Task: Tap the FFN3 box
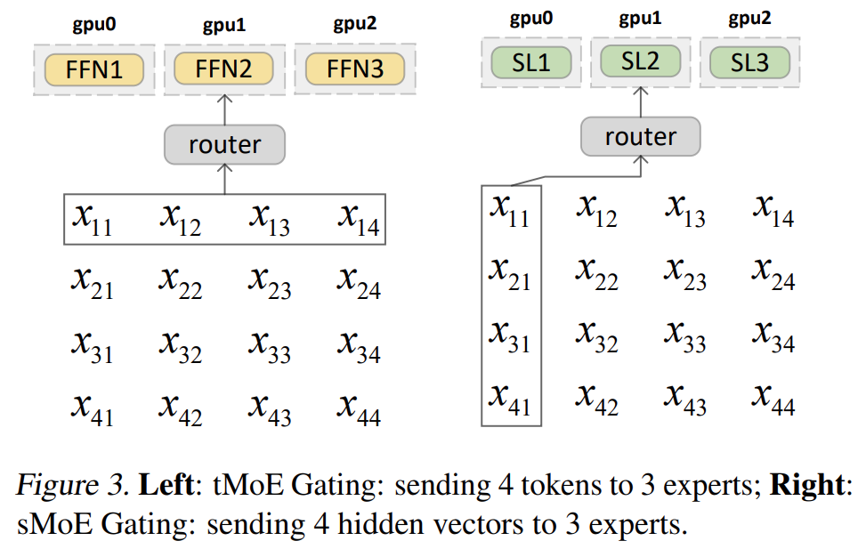[355, 69]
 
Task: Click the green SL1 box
[530, 61]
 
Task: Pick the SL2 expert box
[641, 61]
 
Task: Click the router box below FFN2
[224, 144]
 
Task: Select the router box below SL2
[641, 136]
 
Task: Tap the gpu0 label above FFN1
[94, 24]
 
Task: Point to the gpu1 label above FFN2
[224, 24]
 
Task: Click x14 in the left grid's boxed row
[358, 219]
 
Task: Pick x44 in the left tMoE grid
[358, 408]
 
